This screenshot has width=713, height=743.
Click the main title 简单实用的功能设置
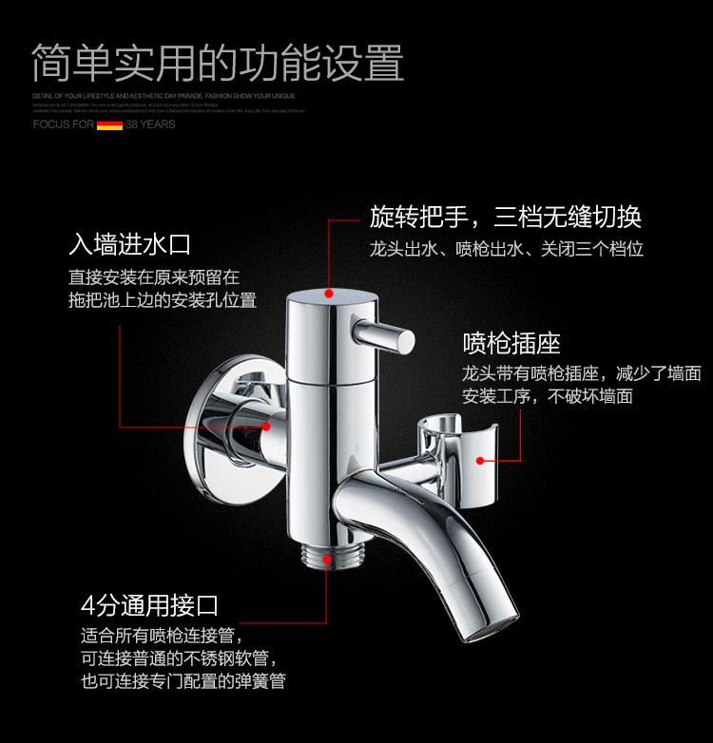tap(218, 63)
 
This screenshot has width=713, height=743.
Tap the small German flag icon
tap(109, 124)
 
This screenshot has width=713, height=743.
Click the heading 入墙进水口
tap(129, 244)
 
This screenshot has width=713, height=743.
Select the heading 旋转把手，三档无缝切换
tap(505, 217)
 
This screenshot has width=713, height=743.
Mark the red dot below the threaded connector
tap(327, 561)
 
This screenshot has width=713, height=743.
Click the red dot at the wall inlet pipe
tap(266, 427)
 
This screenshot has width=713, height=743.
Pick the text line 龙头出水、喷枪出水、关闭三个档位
tap(506, 250)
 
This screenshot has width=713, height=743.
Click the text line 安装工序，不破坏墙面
tap(547, 396)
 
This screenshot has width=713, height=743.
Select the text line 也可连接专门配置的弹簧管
tap(183, 680)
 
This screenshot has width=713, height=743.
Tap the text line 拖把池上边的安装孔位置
tap(163, 300)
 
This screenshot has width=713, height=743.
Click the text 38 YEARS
tap(150, 124)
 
